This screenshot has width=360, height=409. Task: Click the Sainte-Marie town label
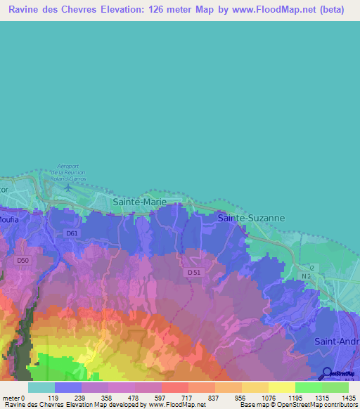coord(140,202)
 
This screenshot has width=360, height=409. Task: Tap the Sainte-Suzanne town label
coord(251,218)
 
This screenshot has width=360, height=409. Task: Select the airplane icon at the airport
coord(67,187)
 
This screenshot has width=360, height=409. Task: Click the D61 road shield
coord(72,233)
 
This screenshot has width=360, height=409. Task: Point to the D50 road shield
coord(23,261)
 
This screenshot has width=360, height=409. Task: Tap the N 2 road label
coord(306,276)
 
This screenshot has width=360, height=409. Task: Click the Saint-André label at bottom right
coord(336,342)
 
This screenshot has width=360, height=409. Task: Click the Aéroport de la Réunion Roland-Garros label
coord(68,173)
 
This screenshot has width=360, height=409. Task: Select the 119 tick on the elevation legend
coord(54,397)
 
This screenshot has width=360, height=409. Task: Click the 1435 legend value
coord(349,397)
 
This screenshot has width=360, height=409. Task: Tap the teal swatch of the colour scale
coord(41,387)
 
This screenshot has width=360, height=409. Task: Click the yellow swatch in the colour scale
coord(281,387)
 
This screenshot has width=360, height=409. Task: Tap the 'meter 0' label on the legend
coord(15,397)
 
